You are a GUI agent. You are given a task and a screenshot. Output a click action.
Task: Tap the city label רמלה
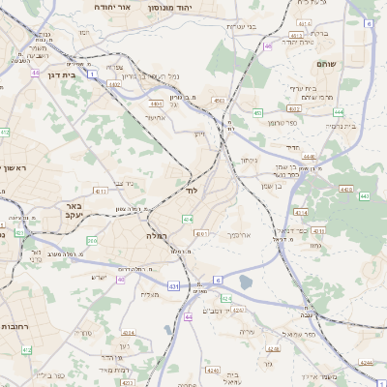pyautogui.click(x=159, y=235)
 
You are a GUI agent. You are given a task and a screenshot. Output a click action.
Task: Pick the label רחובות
pyautogui.click(x=15, y=326)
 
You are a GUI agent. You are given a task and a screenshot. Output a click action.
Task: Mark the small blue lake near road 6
pyautogui.click(x=245, y=283)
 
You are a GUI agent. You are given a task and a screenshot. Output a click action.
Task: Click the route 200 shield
pyautogui.click(x=92, y=240)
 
